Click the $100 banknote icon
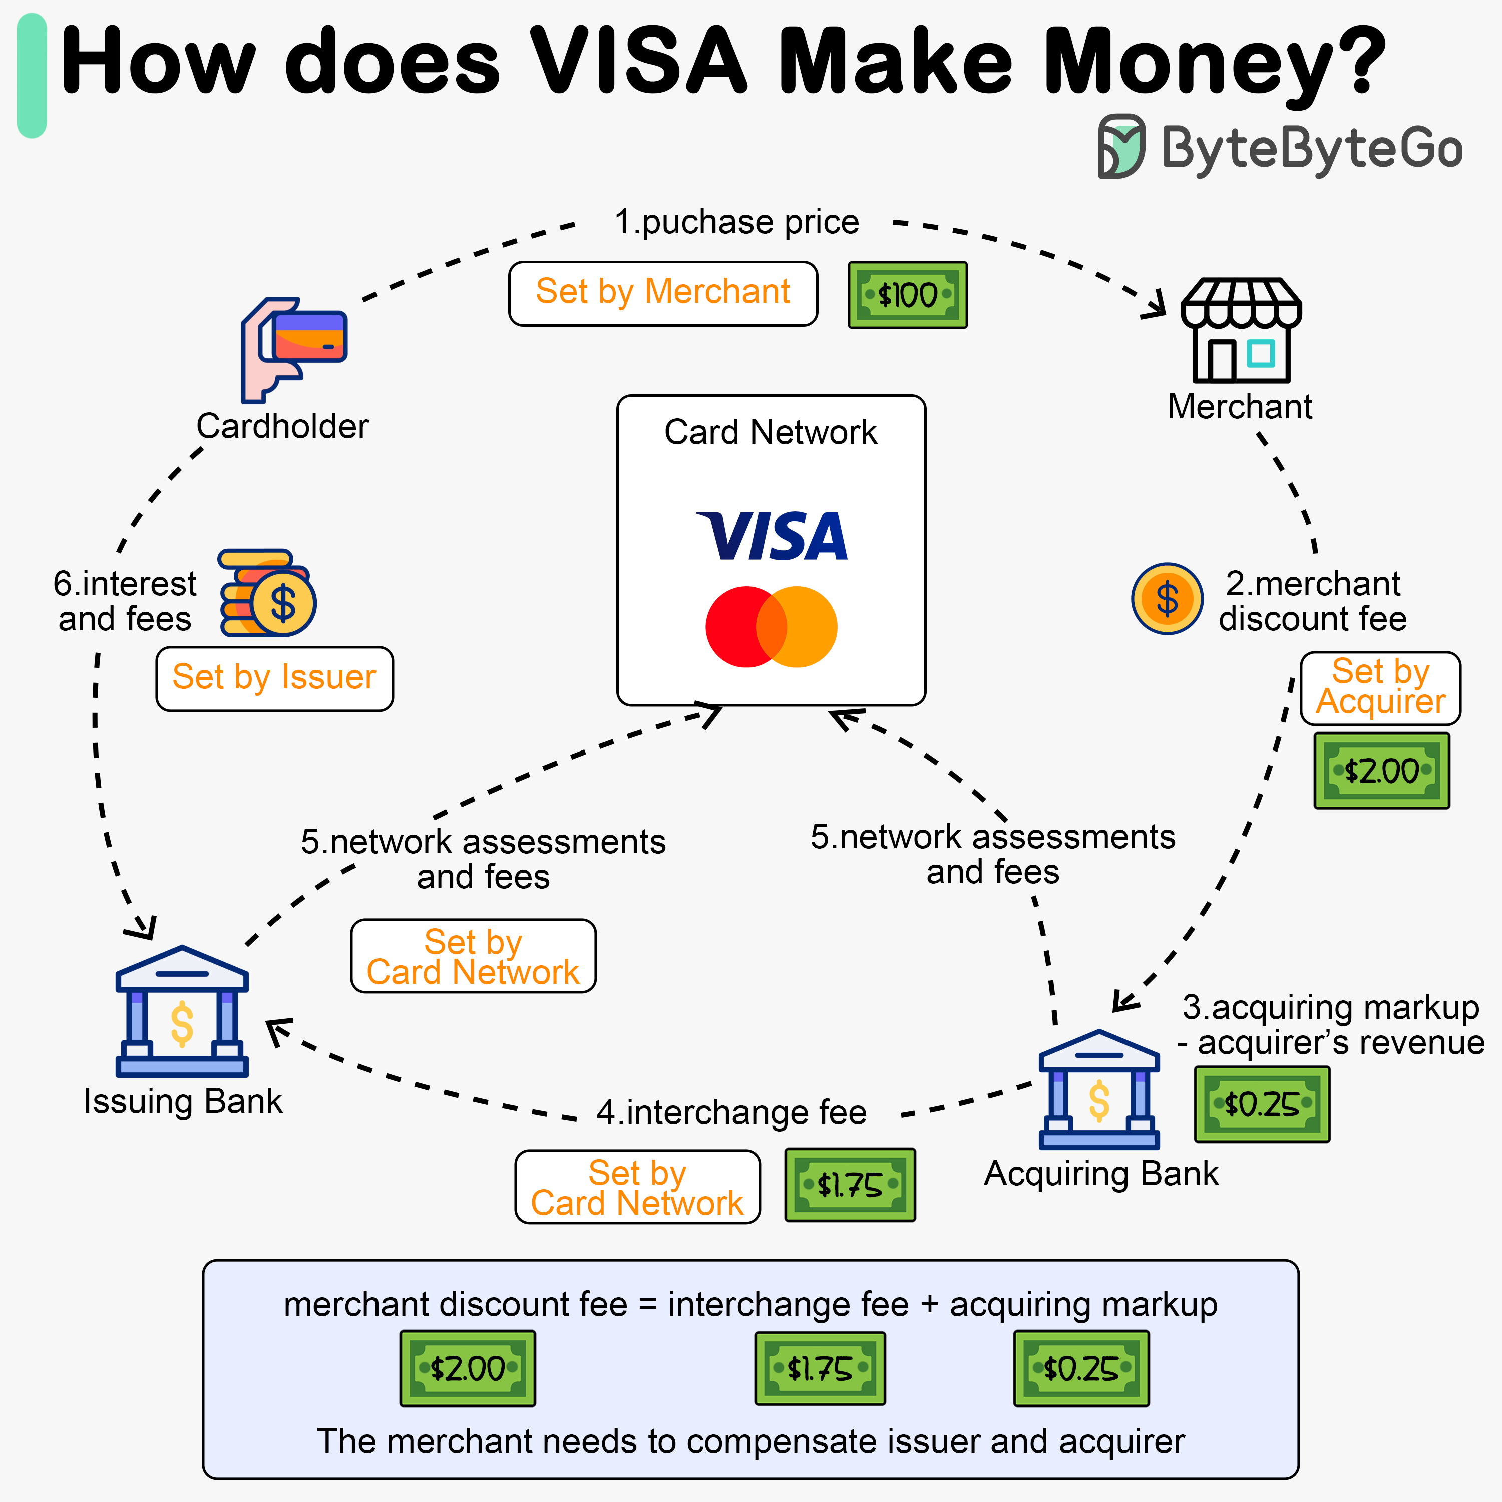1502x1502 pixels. pos(907,295)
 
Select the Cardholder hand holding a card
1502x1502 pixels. pos(294,349)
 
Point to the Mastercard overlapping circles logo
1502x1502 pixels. pos(771,627)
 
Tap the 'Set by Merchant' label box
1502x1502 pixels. pos(663,293)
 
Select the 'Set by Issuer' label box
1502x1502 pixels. pos(274,678)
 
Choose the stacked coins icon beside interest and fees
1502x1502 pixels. pos(267,593)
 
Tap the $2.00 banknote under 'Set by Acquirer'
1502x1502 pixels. pos(1381,771)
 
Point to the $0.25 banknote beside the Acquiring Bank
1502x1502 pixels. pos(1262,1104)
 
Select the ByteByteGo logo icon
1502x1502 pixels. pos(1120,146)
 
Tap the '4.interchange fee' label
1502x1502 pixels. pos(731,1112)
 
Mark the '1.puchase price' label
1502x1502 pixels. pos(736,222)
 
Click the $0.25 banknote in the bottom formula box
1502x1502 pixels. pos(1080,1369)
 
